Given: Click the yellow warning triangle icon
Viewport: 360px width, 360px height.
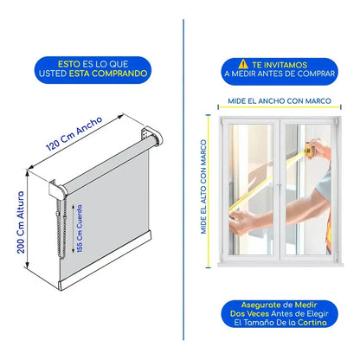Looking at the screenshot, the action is click(x=243, y=64).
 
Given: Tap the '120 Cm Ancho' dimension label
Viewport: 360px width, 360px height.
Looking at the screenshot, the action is click(x=74, y=133).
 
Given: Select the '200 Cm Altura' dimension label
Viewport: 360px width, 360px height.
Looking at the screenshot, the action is click(x=21, y=222).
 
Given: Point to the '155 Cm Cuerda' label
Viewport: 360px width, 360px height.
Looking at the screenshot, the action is click(x=80, y=228).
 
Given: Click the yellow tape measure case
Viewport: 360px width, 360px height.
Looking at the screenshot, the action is click(x=310, y=150).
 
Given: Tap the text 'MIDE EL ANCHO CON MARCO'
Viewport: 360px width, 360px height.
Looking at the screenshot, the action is click(x=280, y=101).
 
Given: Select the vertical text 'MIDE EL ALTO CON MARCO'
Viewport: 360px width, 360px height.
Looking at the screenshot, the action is click(x=203, y=187).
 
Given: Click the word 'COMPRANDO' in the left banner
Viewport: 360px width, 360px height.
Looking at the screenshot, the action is click(x=119, y=74).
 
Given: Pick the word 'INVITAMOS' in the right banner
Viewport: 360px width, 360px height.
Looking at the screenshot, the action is click(x=286, y=65).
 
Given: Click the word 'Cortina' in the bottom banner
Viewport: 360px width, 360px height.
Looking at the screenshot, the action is click(x=312, y=322).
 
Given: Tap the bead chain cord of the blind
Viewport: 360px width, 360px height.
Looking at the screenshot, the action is click(x=61, y=228).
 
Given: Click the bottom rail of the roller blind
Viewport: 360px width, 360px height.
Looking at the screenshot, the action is click(x=105, y=260).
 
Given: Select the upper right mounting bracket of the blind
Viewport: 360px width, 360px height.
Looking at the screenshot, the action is click(x=152, y=136).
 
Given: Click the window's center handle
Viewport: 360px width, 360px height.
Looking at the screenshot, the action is click(x=280, y=188).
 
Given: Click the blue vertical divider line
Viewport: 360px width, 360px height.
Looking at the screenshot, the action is click(x=183, y=180).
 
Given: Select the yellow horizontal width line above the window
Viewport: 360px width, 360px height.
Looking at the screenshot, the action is click(x=280, y=107).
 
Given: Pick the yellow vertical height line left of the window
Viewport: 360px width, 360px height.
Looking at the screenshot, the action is click(x=209, y=191).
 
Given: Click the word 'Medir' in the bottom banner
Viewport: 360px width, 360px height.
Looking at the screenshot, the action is click(x=305, y=305).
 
